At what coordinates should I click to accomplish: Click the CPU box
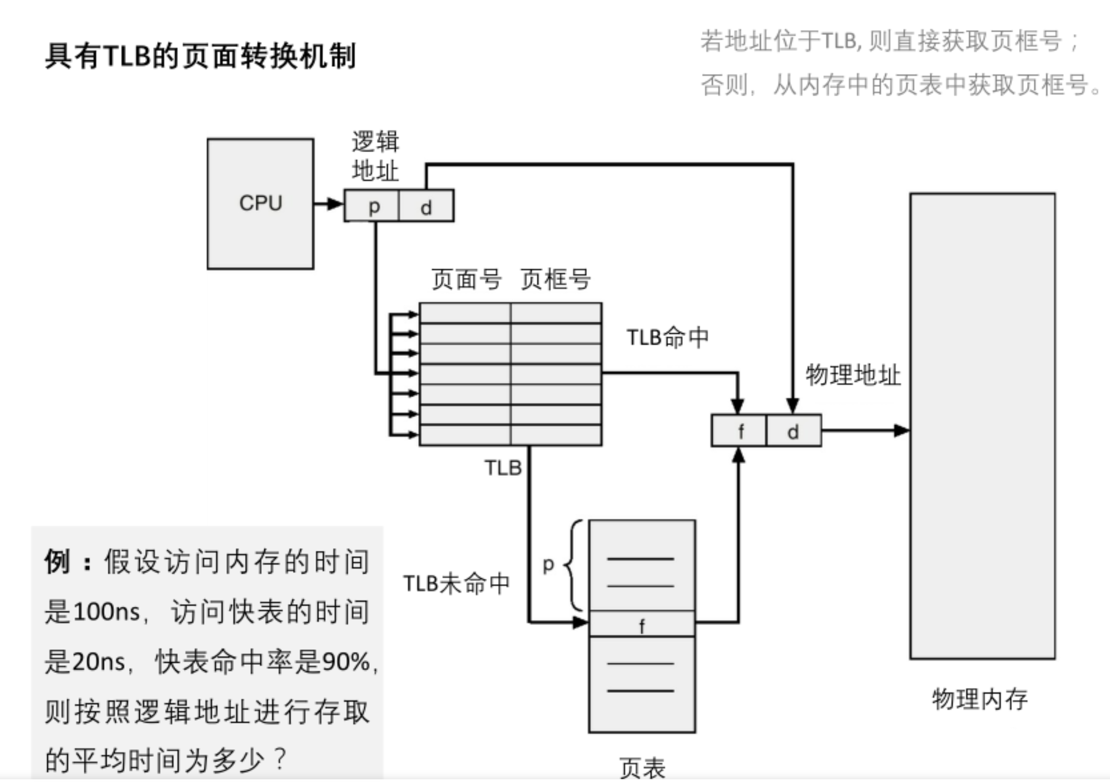(261, 204)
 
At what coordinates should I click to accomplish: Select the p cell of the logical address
(373, 206)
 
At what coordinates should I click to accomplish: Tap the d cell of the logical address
(426, 206)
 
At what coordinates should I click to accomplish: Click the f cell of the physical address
(740, 431)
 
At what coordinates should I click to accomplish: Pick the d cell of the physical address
(793, 431)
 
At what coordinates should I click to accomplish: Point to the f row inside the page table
(642, 624)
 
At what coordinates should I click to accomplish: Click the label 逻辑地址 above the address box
(375, 156)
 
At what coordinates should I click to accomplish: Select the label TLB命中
(668, 338)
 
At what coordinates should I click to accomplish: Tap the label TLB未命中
(456, 583)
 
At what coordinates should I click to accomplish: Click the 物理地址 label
(853, 375)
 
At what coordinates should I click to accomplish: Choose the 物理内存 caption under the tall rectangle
(979, 699)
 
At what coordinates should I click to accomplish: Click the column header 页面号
(466, 279)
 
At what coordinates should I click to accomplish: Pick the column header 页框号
(555, 279)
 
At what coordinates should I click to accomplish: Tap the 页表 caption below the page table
(642, 768)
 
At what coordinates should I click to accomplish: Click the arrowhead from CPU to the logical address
(335, 204)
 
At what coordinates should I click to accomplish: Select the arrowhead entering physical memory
(901, 430)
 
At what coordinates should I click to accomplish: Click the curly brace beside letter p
(574, 565)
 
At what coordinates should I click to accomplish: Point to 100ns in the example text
(106, 612)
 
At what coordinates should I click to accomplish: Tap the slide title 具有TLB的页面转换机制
(200, 56)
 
